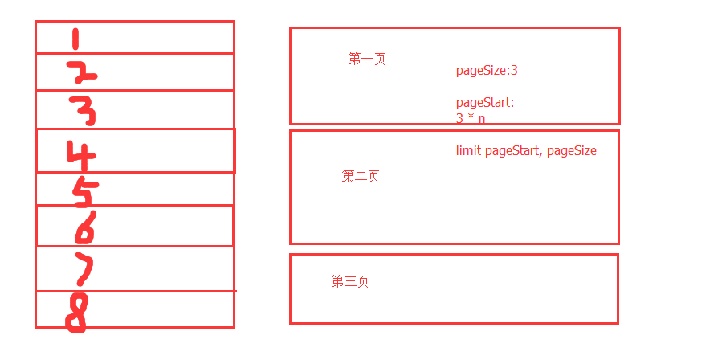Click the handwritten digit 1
coord(75,39)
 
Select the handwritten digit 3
coord(83,110)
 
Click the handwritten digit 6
coord(85,227)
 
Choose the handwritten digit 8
coord(76,313)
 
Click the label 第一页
coord(366,59)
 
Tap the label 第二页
coord(361,176)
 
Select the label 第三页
coord(350,281)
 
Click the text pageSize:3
coord(487,71)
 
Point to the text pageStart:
coord(485,103)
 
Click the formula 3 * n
coord(471,119)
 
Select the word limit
coord(468,151)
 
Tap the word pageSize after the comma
coord(572,151)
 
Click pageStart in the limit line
coord(512,151)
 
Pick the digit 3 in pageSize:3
coord(514,71)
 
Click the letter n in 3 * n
coord(482,119)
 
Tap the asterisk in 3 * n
coord(471,118)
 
